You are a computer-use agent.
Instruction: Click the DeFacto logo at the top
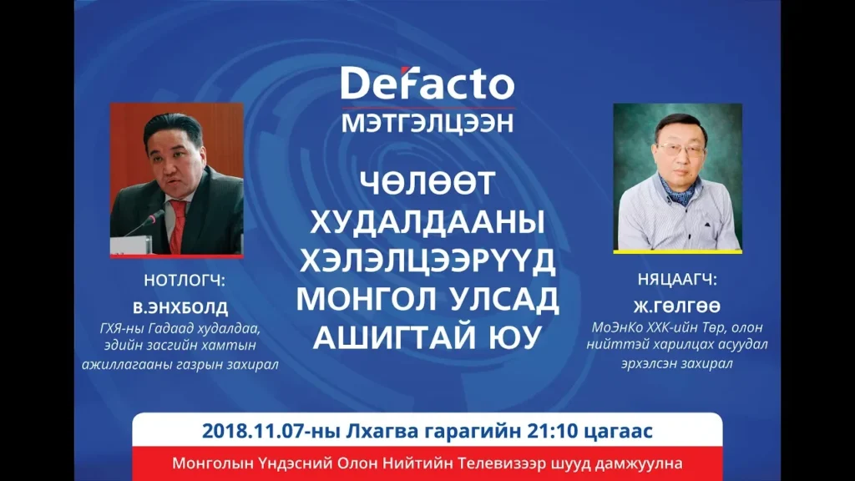(427, 84)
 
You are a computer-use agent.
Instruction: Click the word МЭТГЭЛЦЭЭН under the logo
(427, 124)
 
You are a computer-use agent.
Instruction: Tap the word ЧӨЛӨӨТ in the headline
(427, 183)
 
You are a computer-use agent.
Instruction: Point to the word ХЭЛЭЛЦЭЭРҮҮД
(427, 261)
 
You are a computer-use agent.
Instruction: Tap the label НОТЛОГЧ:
(185, 281)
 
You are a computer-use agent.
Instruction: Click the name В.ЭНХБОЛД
(180, 307)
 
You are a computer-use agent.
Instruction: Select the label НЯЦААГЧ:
(677, 280)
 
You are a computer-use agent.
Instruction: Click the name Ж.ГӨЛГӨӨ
(677, 306)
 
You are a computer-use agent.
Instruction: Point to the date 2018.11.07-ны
(271, 432)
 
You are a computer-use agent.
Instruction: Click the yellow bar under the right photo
(677, 252)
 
